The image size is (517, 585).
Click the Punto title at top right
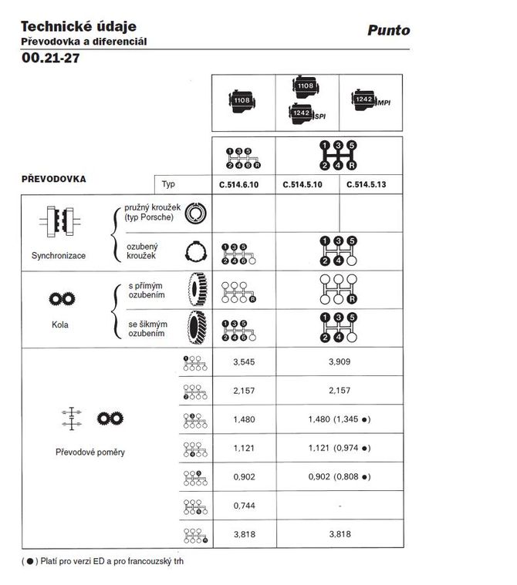(389, 31)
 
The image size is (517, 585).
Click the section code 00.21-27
(51, 58)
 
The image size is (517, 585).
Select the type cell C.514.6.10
(243, 185)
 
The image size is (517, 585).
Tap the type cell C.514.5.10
(307, 185)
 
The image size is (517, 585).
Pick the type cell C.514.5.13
(370, 185)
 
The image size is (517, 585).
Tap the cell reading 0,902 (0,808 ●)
(340, 476)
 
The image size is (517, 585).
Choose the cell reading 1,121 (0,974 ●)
(340, 448)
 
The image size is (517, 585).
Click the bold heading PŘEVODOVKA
(53, 179)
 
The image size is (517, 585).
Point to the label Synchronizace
(59, 255)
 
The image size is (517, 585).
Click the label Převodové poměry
(90, 452)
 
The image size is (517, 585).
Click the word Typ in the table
(168, 185)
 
